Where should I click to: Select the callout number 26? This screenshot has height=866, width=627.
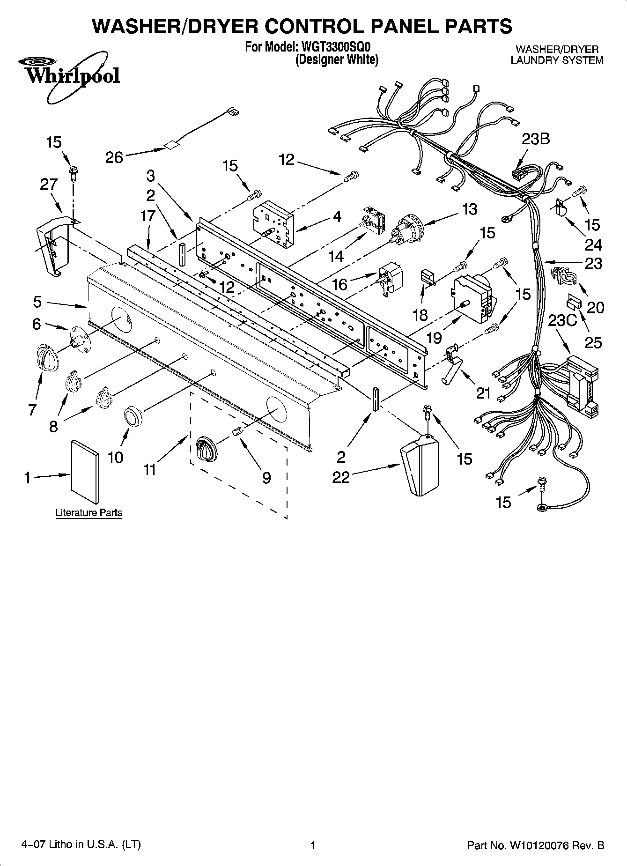pos(114,157)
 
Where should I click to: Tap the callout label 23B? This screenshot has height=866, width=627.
pos(536,139)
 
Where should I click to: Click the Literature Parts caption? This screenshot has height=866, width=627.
pos(89,513)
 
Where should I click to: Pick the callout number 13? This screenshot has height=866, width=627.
pos(469,209)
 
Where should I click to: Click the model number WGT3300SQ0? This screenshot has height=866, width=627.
pos(335,47)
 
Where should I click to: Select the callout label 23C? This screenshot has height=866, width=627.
pos(563,321)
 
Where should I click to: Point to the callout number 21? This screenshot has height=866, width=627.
pos(483,393)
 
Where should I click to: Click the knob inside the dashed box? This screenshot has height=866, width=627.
pos(206,450)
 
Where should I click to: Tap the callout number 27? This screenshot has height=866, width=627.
pos(48,184)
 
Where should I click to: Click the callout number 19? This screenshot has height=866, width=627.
pos(434,337)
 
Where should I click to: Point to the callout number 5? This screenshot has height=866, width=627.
pos(37,302)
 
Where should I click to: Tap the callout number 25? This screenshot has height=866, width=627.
pos(593,342)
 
